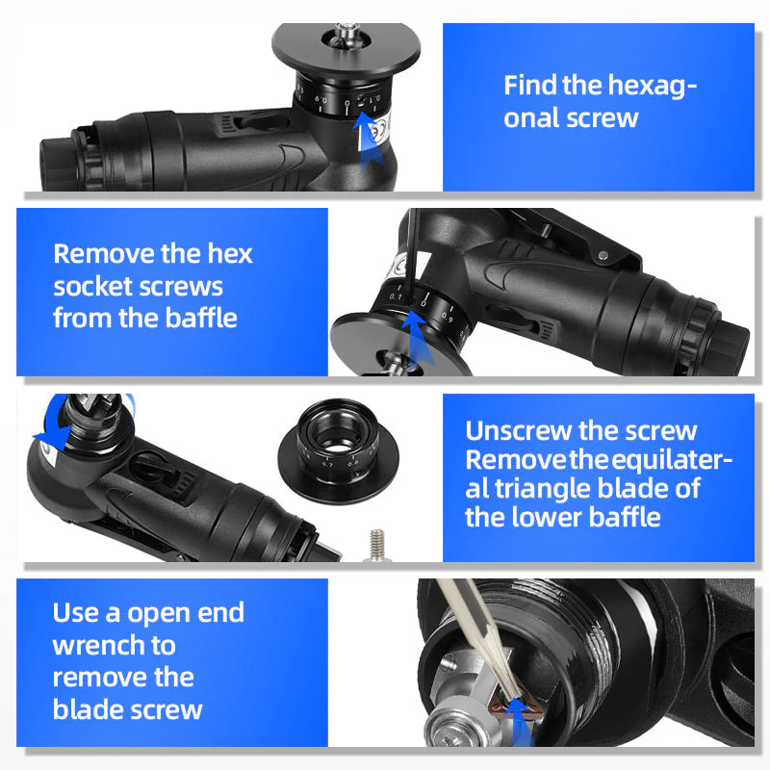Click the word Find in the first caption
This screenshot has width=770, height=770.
[530, 85]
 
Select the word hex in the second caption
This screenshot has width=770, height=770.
[230, 254]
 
